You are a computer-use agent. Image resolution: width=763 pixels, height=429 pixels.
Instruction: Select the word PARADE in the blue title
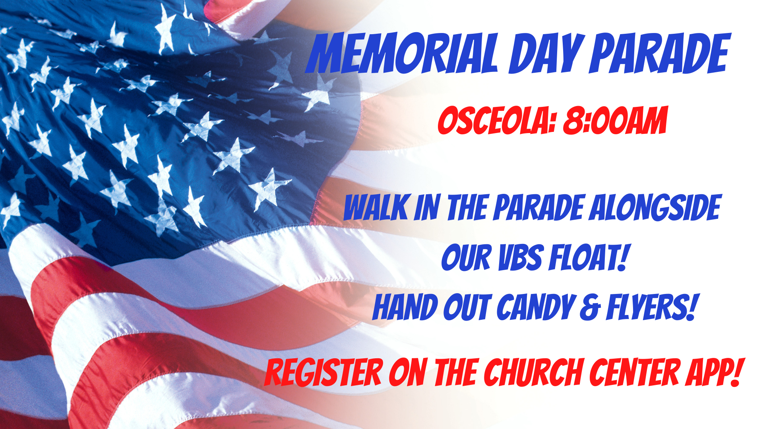(660, 53)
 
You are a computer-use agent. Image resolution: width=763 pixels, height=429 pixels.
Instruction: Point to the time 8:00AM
(615, 120)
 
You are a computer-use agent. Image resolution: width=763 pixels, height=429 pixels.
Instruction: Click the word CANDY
(536, 307)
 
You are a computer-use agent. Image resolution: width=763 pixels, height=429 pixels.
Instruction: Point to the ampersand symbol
(591, 308)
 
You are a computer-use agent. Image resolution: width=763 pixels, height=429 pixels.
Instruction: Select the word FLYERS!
(652, 307)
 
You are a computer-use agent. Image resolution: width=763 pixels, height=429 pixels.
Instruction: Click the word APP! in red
(713, 372)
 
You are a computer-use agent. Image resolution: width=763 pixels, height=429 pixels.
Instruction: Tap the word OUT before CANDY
(467, 307)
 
